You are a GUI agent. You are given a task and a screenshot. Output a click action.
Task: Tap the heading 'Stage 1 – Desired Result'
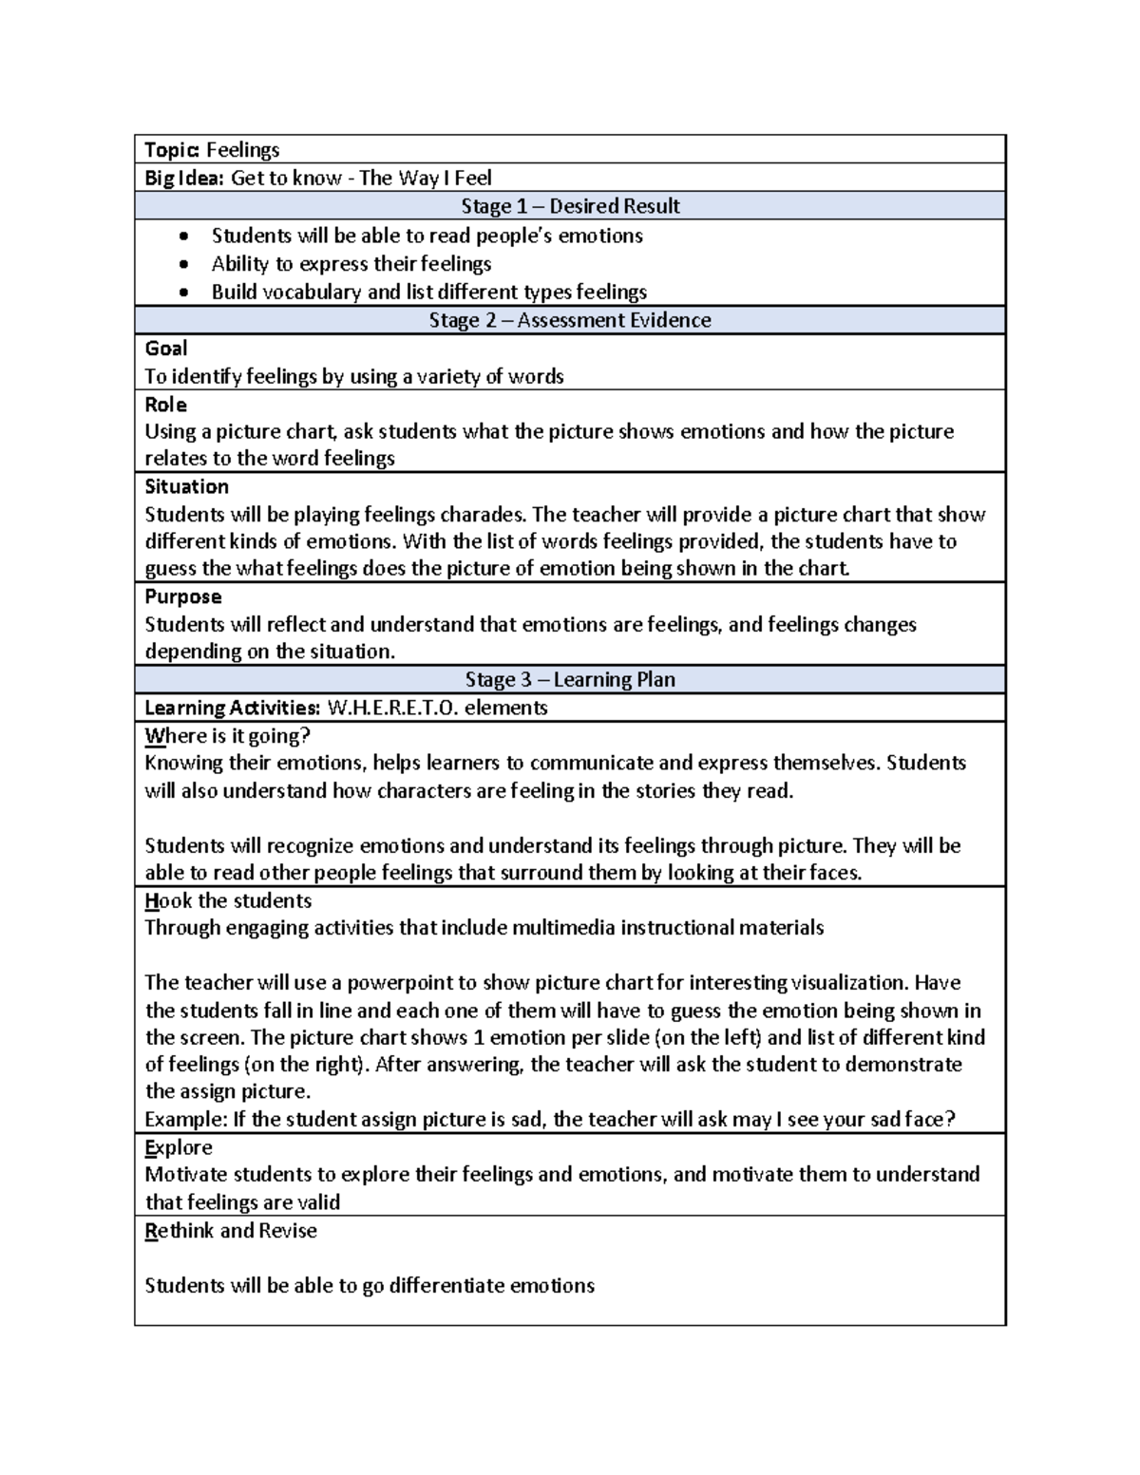pos(570,206)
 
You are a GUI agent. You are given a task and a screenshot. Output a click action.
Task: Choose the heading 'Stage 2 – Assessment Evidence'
pos(570,320)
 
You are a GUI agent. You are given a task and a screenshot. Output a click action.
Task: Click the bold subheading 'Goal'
pos(165,349)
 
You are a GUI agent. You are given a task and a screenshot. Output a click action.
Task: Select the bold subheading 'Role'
pos(165,405)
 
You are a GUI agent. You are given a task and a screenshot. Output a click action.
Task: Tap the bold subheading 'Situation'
pos(186,486)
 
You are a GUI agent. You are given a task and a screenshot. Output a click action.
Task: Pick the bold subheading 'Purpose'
pos(182,596)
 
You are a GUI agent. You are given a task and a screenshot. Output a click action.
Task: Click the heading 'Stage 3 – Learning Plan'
pos(570,680)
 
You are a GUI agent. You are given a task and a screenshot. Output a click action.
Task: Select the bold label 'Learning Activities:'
pos(232,709)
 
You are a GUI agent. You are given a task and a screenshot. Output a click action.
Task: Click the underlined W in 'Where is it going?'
pos(152,736)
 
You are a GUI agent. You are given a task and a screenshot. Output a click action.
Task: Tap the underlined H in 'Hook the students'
pos(150,901)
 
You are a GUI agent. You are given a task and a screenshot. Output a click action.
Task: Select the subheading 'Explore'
pos(178,1147)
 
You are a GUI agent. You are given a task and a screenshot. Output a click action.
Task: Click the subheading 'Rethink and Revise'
pos(231,1231)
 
